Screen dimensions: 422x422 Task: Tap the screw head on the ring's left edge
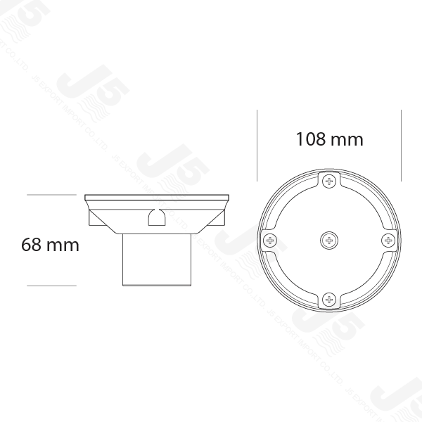point(269,241)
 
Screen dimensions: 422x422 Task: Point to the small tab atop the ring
point(328,166)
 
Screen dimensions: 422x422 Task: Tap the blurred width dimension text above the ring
point(329,139)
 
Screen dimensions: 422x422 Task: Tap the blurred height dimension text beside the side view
point(47,245)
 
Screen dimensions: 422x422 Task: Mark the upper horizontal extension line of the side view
point(50,193)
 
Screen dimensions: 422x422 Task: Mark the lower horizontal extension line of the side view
point(50,283)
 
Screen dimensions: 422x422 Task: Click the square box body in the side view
point(155,260)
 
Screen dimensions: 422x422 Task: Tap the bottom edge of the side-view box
point(155,284)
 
